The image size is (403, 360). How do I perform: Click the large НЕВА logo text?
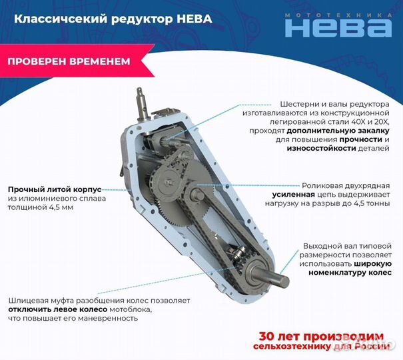[x=338, y=27]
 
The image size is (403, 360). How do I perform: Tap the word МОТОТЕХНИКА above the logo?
[x=338, y=13]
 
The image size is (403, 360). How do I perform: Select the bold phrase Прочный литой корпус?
[x=54, y=188]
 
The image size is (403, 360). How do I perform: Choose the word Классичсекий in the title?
[x=54, y=19]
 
